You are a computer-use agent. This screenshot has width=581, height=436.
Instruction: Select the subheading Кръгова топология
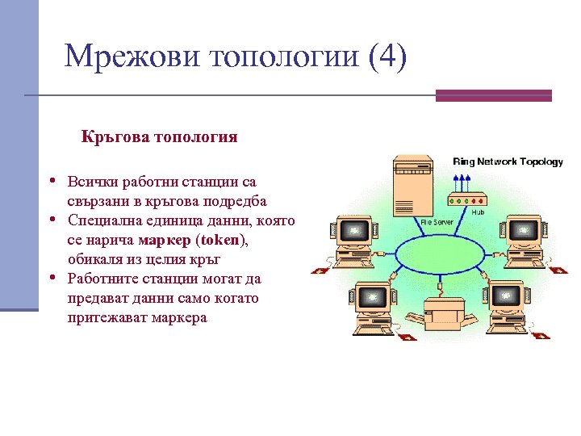coord(159,136)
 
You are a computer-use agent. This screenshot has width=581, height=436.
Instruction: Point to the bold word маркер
coord(164,240)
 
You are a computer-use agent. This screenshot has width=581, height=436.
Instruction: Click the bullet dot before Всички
coord(52,180)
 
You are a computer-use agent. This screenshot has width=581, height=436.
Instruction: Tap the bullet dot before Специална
coord(52,220)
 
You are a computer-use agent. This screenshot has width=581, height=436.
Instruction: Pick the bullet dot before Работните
coord(52,279)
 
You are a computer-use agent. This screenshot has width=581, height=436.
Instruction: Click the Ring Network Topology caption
coord(508,161)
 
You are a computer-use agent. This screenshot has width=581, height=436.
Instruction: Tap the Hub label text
coord(478,212)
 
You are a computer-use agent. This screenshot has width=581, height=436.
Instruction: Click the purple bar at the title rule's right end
coord(493,95)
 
